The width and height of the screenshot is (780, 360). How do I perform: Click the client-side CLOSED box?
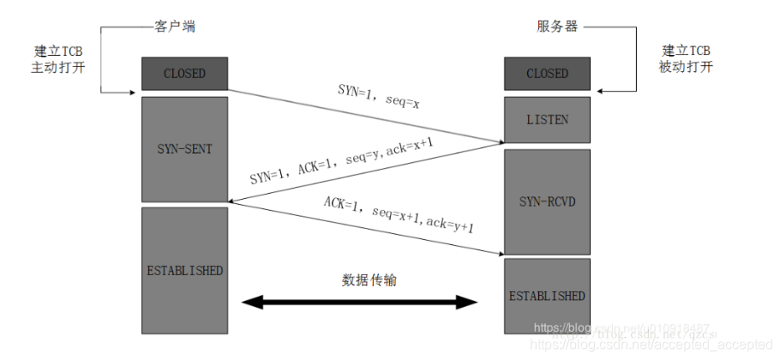[x=184, y=74]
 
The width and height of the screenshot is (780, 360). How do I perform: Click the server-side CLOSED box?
[x=547, y=74]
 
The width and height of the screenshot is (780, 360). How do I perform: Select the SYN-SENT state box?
[x=184, y=148]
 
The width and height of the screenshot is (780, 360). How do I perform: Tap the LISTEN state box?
[x=547, y=119]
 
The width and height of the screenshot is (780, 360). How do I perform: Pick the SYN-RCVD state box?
[x=547, y=201]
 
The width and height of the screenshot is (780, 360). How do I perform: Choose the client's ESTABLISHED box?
[x=184, y=270]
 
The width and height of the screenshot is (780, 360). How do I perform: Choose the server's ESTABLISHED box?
[x=547, y=296]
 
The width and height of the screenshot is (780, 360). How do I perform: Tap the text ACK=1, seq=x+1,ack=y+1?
[x=399, y=214]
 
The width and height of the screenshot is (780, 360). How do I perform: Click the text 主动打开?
[x=59, y=67]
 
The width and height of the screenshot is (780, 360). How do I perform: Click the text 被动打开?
[x=686, y=67]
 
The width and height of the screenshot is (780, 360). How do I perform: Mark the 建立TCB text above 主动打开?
[x=59, y=51]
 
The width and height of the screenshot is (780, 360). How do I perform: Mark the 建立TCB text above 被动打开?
[x=686, y=51]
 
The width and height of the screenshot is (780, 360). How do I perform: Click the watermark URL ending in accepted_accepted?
[x=651, y=345]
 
